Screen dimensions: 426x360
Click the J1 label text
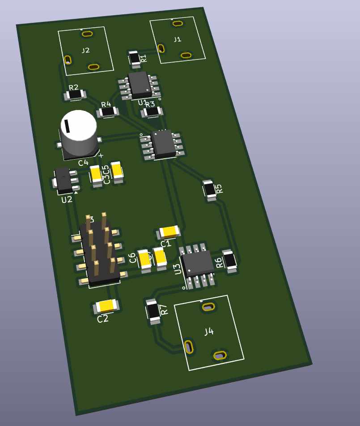pyautogui.click(x=178, y=39)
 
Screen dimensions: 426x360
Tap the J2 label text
pyautogui.click(x=85, y=51)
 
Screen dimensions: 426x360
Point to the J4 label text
pyautogui.click(x=209, y=332)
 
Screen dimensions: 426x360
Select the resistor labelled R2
pyautogui.click(x=75, y=95)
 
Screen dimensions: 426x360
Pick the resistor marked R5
pyautogui.click(x=209, y=190)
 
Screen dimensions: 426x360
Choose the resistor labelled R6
pyautogui.click(x=230, y=262)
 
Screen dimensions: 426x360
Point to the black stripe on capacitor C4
pyautogui.click(x=67, y=126)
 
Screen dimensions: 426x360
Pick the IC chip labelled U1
pyautogui.click(x=140, y=84)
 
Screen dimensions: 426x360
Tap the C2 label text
pyautogui.click(x=103, y=319)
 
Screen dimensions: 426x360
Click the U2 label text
pyautogui.click(x=67, y=200)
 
